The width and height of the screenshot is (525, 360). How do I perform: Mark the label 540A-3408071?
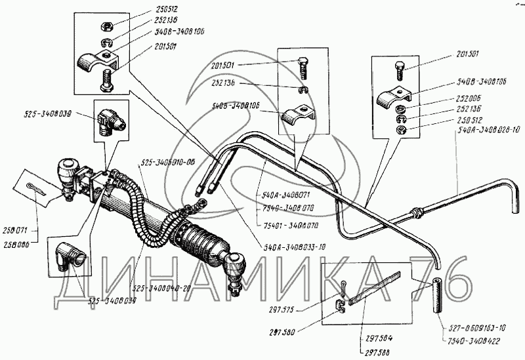pos(282,194)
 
